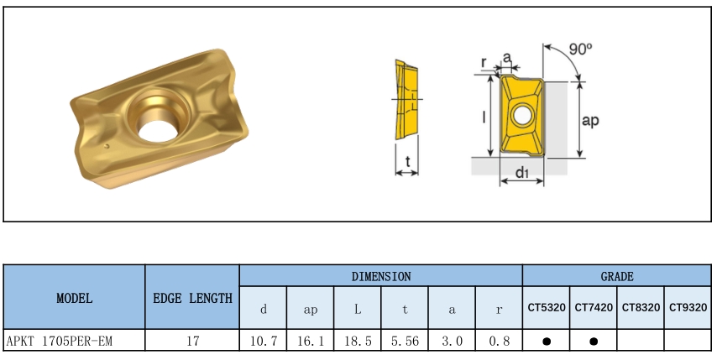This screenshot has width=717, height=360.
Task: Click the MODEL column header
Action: pyautogui.click(x=75, y=299)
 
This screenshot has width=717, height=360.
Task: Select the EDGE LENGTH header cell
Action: pyautogui.click(x=192, y=299)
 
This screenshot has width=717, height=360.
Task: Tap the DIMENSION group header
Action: pyautogui.click(x=381, y=276)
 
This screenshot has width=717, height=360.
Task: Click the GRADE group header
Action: pyautogui.click(x=617, y=276)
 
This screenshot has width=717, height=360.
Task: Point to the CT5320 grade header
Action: pyautogui.click(x=547, y=308)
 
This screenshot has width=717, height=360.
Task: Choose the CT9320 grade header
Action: pyautogui.click(x=688, y=308)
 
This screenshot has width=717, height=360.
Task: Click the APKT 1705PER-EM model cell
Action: pyautogui.click(x=60, y=341)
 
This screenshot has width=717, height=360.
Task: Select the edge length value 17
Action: pyautogui.click(x=192, y=341)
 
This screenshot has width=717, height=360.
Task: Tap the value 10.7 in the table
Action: pyautogui.click(x=264, y=341)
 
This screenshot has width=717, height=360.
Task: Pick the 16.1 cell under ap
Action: pyautogui.click(x=311, y=341)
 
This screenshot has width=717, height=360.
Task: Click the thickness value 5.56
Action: pyautogui.click(x=405, y=341)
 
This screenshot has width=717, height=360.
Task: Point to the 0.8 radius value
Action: pyautogui.click(x=499, y=341)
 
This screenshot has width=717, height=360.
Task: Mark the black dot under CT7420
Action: pyautogui.click(x=594, y=342)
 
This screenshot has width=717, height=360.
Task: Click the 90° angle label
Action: pyautogui.click(x=580, y=49)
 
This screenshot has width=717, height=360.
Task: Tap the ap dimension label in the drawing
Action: pyautogui.click(x=590, y=120)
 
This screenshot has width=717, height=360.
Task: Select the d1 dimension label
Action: pyautogui.click(x=521, y=172)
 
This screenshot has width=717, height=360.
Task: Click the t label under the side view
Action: pyautogui.click(x=407, y=161)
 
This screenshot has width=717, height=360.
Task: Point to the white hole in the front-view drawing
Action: pyautogui.click(x=521, y=115)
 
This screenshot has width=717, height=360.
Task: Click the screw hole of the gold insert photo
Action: pyautogui.click(x=158, y=129)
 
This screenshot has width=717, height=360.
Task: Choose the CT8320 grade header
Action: pyautogui.click(x=641, y=308)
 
